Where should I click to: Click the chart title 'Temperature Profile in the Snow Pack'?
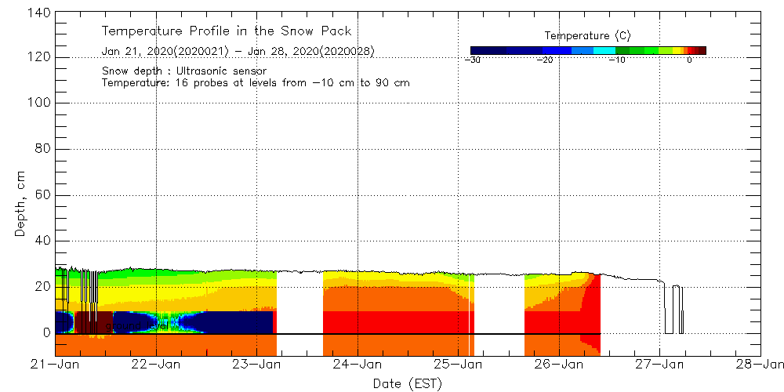coord(227,31)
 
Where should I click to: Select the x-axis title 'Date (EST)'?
coord(408,383)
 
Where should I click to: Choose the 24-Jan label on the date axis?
coord(358,364)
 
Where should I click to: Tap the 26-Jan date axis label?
coord(559,364)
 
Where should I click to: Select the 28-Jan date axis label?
coord(760,364)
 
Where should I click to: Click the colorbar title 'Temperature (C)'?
coord(587,36)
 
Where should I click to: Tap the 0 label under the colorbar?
coord(688,60)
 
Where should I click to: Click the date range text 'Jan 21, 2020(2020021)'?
coord(165,51)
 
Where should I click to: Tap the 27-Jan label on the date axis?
coord(659,364)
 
